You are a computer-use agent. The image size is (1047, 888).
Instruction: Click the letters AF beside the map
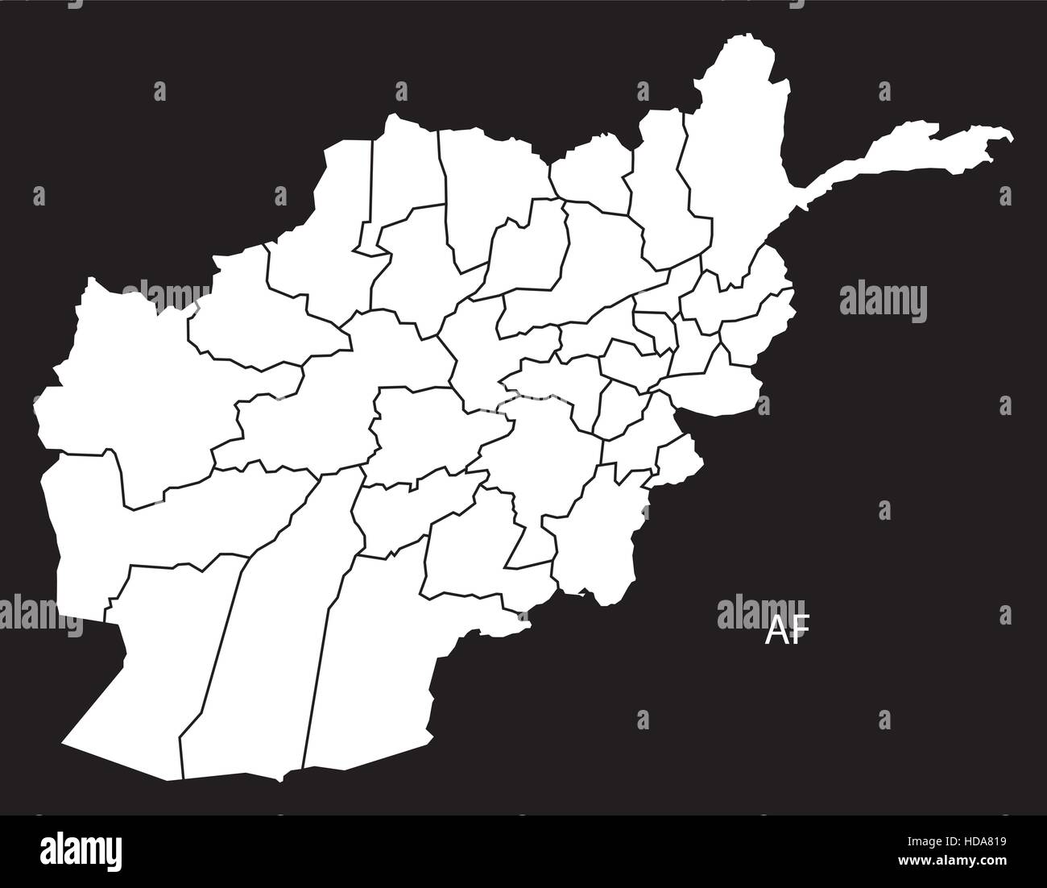pyautogui.click(x=784, y=631)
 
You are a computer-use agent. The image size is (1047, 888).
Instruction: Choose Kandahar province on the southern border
pyautogui.click(x=370, y=661)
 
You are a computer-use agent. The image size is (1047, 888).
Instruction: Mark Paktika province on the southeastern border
pyautogui.click(x=596, y=540)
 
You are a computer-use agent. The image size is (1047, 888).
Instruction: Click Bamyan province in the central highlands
pyautogui.click(x=475, y=355)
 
